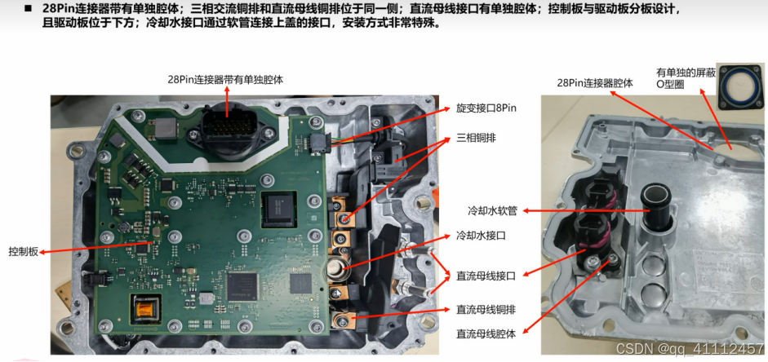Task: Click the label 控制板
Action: click(23, 252)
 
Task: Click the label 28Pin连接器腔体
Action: click(595, 83)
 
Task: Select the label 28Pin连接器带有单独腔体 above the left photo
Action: click(225, 79)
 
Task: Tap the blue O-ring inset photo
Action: click(740, 86)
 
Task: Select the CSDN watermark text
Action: click(690, 348)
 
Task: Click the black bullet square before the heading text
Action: click(28, 8)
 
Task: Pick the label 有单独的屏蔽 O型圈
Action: click(686, 79)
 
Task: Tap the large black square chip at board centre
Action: click(278, 210)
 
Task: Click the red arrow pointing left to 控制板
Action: click(95, 247)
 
